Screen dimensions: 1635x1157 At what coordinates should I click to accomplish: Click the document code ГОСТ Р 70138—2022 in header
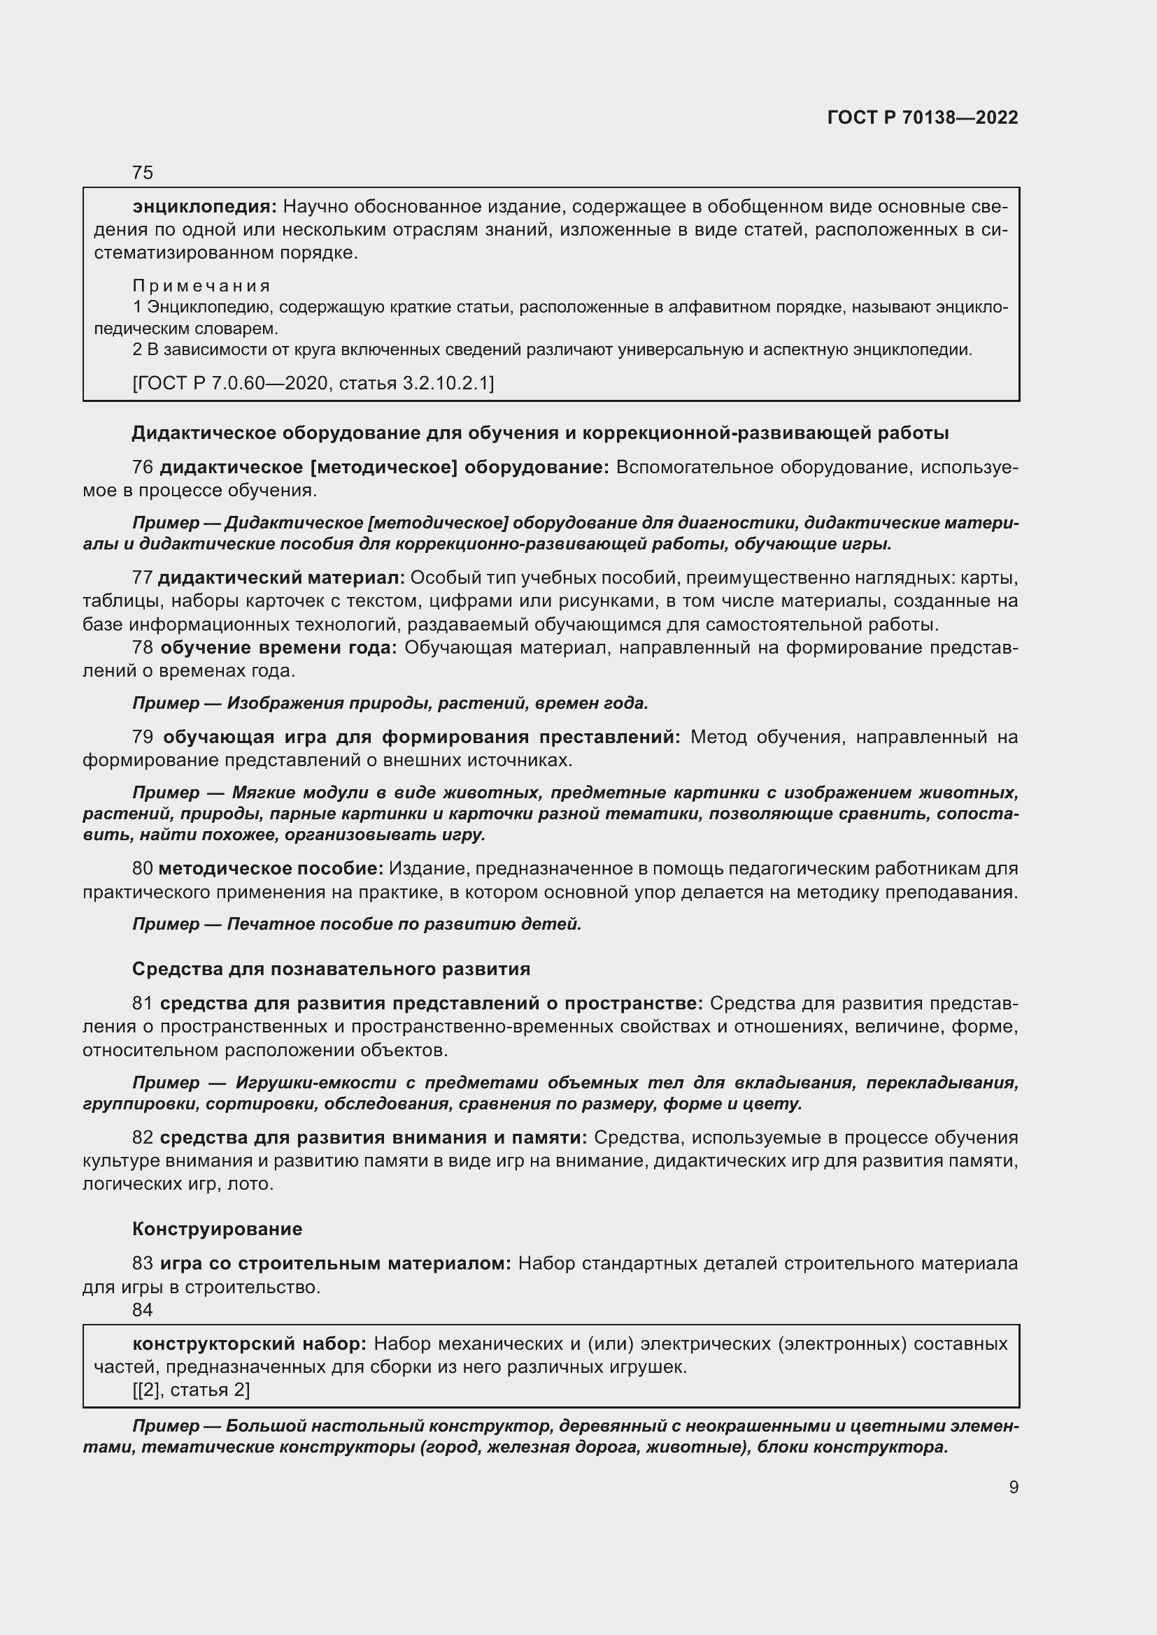click(x=923, y=117)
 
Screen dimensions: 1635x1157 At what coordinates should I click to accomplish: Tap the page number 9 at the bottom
click(x=1013, y=1488)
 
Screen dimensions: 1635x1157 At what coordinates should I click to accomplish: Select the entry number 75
click(x=143, y=173)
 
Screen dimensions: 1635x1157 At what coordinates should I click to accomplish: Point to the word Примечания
click(x=201, y=287)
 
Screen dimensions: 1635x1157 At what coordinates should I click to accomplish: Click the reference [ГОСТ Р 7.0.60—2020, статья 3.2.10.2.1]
click(x=313, y=384)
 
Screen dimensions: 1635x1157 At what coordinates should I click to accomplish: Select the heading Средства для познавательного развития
click(x=332, y=969)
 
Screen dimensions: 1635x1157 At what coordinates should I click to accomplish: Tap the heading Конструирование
click(x=218, y=1229)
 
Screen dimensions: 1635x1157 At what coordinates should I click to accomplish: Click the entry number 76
click(x=143, y=468)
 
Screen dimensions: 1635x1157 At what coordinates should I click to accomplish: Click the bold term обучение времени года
click(x=278, y=648)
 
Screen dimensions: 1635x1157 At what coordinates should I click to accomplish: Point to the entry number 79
click(x=143, y=737)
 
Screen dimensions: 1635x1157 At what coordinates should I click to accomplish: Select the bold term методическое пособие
click(x=271, y=869)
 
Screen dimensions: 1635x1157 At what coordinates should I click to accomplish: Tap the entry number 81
click(x=143, y=1004)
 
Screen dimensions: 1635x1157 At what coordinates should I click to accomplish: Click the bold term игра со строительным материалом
click(x=336, y=1264)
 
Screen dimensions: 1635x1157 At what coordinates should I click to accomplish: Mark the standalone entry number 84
click(x=143, y=1309)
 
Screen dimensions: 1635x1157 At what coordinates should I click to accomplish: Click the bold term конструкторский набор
click(x=249, y=1344)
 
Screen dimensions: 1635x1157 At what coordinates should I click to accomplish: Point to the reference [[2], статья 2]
click(x=191, y=1390)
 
